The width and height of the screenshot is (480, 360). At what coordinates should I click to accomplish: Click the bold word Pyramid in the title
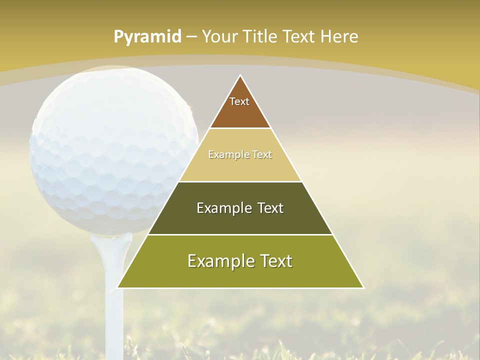click(147, 37)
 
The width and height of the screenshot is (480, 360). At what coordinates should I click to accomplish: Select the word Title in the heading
click(260, 36)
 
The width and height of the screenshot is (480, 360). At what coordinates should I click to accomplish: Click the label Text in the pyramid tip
click(239, 101)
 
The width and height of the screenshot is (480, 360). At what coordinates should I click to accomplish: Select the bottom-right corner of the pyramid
click(363, 287)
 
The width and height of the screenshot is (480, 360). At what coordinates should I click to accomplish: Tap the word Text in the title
click(299, 36)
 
